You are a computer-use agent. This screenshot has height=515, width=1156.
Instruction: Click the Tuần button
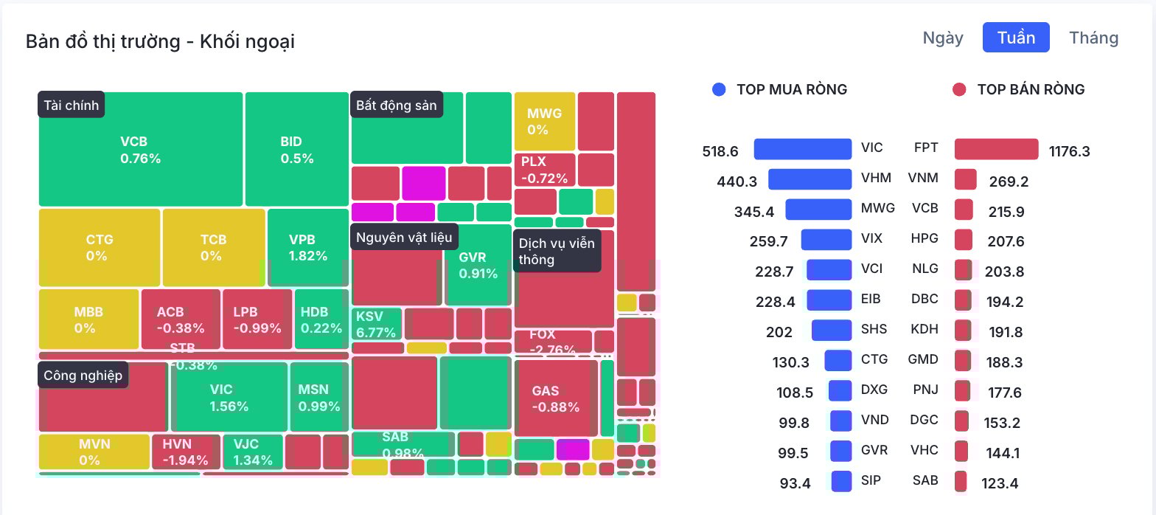coord(1015,38)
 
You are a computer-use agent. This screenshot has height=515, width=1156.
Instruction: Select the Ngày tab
coord(943,38)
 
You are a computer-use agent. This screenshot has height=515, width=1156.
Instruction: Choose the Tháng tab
coord(1093,38)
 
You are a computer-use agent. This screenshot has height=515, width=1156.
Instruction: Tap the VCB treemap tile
coord(140,149)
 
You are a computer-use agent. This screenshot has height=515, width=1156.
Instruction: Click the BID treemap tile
coord(296,149)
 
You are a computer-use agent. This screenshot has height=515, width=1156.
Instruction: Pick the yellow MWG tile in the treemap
coord(544,122)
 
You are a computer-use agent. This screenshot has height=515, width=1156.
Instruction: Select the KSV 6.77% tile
coord(377,324)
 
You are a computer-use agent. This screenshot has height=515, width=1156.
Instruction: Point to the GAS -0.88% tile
coord(555,398)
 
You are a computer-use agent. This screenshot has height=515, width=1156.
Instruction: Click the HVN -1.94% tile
coord(186,452)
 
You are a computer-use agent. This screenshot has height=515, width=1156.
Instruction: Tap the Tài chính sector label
coord(71,105)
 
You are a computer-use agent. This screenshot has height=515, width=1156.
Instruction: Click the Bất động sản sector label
coord(396,105)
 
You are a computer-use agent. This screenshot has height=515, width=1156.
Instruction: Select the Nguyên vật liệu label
coord(404,237)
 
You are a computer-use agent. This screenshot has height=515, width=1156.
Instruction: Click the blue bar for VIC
coord(802,149)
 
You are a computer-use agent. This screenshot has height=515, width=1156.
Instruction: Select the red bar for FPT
coord(996,149)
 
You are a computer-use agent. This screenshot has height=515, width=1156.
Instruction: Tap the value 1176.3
coord(1069,151)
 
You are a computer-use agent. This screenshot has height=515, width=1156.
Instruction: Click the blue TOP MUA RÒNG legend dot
coord(720,89)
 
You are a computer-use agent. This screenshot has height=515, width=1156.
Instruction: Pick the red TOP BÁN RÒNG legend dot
coord(959,89)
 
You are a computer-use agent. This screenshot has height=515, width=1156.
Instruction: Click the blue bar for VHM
coord(809,179)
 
